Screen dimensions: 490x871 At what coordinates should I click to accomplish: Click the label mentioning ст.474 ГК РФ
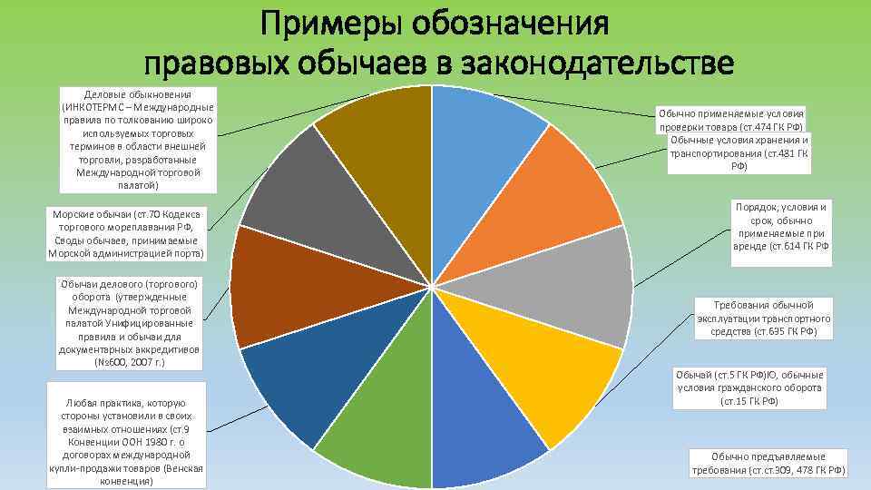point(731,121)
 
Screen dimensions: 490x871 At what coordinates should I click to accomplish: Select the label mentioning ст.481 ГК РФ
point(739,153)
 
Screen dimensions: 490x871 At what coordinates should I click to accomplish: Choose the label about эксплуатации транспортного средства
point(765,318)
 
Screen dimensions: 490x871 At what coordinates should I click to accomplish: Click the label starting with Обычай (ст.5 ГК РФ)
point(750,387)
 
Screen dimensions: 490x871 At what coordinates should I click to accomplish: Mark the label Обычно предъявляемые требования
point(768,463)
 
